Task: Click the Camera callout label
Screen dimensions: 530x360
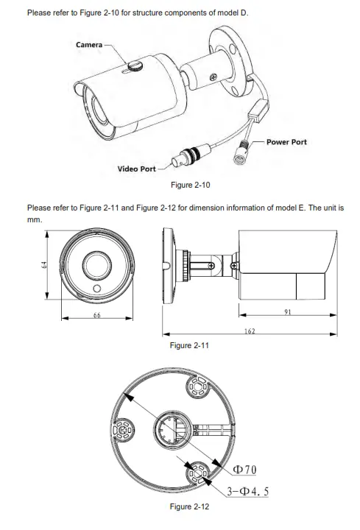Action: [x=89, y=44]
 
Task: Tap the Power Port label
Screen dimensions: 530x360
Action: [x=286, y=142]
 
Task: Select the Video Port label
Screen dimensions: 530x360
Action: [x=137, y=169]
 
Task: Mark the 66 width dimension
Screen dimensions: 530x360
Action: [x=97, y=315]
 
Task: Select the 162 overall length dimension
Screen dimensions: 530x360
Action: [x=250, y=331]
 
